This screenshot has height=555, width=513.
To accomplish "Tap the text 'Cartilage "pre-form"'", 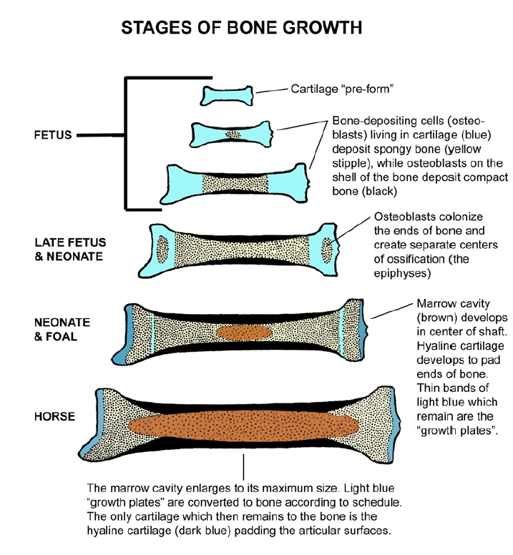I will (x=343, y=89).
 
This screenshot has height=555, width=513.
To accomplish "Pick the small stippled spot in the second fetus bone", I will (x=233, y=134).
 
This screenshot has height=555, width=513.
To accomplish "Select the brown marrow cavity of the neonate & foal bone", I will (x=243, y=333).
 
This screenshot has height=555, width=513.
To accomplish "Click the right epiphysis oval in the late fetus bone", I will (x=329, y=250).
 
